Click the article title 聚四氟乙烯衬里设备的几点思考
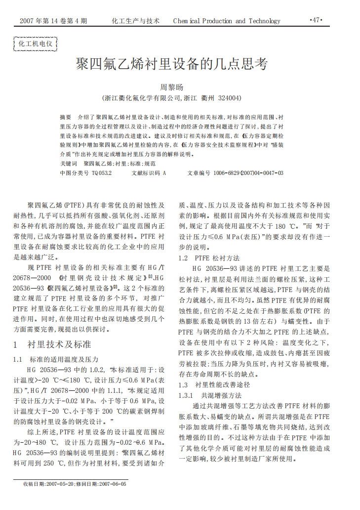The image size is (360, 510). tap(171, 64)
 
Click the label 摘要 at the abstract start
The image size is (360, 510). tap(66, 117)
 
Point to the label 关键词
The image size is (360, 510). tap(69, 163)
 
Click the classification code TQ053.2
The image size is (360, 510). tap(102, 173)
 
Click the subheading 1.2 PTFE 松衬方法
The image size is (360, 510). tap(209, 257)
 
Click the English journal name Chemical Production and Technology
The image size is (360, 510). tap(227, 21)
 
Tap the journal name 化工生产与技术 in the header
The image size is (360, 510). tap(136, 21)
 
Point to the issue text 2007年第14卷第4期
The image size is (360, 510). tap(53, 21)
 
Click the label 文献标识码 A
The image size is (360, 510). tap(149, 173)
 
